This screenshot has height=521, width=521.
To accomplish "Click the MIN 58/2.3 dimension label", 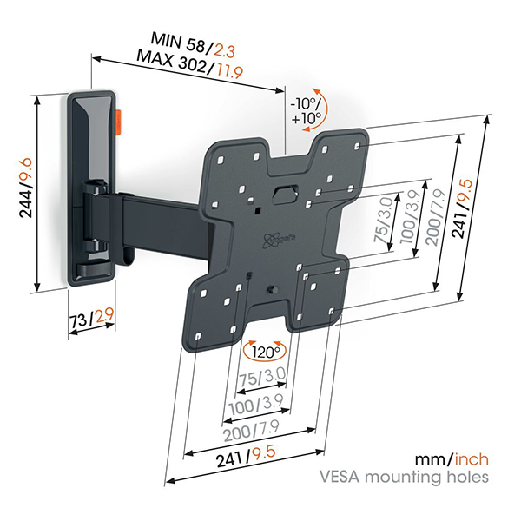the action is pyautogui.click(x=193, y=45).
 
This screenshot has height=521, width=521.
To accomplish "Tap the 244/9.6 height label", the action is pyautogui.click(x=26, y=188).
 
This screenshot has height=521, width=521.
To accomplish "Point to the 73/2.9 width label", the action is pyautogui.click(x=92, y=318).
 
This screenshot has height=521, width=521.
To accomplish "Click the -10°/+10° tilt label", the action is pyautogui.click(x=306, y=111).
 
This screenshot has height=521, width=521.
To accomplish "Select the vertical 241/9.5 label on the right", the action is pyautogui.click(x=462, y=208).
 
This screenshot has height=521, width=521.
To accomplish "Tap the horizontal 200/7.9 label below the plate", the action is pyautogui.click(x=251, y=431).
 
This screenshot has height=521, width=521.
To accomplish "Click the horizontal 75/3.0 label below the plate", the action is pyautogui.click(x=262, y=378).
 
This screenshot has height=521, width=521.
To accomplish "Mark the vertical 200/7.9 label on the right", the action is pyautogui.click(x=435, y=217).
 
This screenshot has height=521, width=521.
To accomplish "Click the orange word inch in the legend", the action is pyautogui.click(x=472, y=459).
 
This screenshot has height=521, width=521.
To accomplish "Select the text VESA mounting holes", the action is pyautogui.click(x=404, y=477).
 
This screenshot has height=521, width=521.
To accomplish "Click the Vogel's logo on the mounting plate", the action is pyautogui.click(x=278, y=239).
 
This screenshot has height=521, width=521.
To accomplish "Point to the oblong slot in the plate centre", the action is pyautogui.click(x=286, y=194).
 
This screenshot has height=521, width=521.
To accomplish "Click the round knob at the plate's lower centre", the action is pyautogui.click(x=273, y=289).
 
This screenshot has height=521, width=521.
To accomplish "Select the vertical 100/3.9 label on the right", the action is pyautogui.click(x=410, y=218).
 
